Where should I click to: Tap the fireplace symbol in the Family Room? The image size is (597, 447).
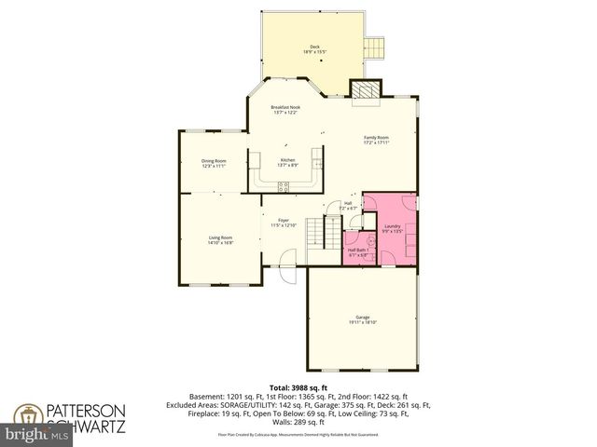pyautogui.click(x=363, y=89)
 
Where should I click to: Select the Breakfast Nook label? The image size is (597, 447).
pyautogui.click(x=285, y=109)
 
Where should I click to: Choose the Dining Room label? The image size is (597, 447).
pyautogui.click(x=214, y=163)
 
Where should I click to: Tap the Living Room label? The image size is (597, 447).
pyautogui.click(x=220, y=239)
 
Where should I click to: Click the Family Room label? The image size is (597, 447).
pyautogui.click(x=377, y=140)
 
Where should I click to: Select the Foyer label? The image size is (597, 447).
pyautogui.click(x=283, y=222)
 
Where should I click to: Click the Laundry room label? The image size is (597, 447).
pyautogui.click(x=392, y=227)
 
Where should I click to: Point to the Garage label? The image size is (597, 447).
pyautogui.click(x=363, y=319)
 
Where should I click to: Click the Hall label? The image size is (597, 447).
pyautogui.click(x=348, y=205)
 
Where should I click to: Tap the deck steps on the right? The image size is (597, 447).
pyautogui.click(x=374, y=47)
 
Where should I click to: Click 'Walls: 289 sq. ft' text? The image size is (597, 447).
pyautogui.click(x=298, y=423)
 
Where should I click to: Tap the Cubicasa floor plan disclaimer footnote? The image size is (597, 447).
pyautogui.click(x=298, y=434)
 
